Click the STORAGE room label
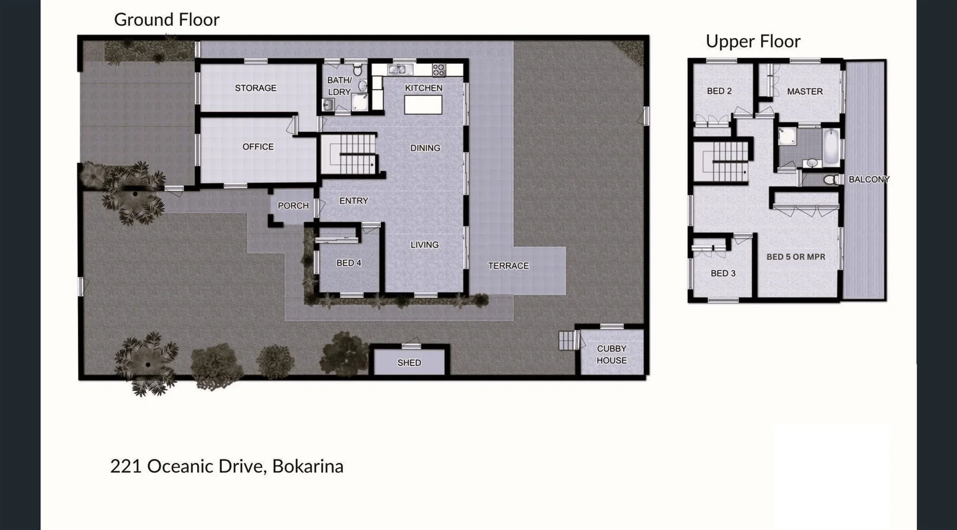[x=255, y=88]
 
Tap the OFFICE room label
[x=258, y=147]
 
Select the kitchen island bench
[x=423, y=105]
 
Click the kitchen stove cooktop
[x=439, y=70]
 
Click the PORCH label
[x=293, y=206]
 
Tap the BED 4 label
[x=348, y=263]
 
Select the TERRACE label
[x=508, y=266]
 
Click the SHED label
[x=409, y=363]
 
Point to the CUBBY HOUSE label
[x=612, y=355]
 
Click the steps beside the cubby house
[x=568, y=341]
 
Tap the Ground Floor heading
[x=166, y=20]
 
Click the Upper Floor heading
[x=753, y=41]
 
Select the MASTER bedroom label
[x=804, y=92]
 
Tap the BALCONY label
[x=869, y=179]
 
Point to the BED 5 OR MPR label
[x=796, y=257]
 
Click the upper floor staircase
[x=723, y=161]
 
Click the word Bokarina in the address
[x=308, y=467]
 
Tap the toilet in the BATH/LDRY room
[x=357, y=70]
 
